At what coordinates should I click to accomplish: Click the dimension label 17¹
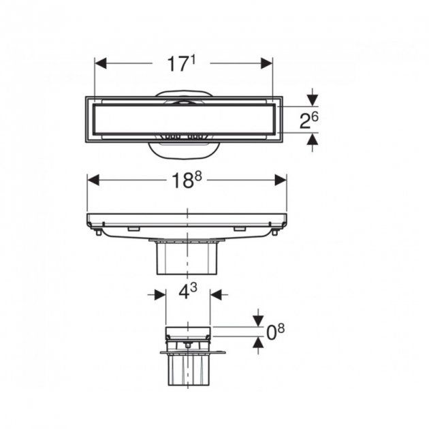[182, 64]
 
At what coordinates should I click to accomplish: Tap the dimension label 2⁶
[309, 121]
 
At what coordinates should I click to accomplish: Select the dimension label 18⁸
[187, 180]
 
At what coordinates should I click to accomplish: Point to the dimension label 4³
[188, 291]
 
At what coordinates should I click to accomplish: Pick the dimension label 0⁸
[276, 332]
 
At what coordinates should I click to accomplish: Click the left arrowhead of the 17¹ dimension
[100, 63]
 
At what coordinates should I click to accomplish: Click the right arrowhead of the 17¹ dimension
[267, 63]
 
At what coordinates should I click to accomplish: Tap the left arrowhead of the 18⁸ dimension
[93, 180]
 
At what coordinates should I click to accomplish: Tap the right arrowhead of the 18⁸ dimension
[281, 180]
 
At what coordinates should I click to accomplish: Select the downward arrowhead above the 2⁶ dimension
[313, 100]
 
